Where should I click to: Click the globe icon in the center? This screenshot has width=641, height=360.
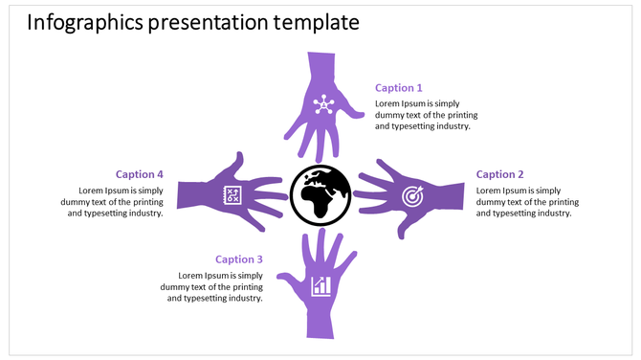(x=320, y=195)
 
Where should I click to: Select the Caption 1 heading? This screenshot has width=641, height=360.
(x=398, y=88)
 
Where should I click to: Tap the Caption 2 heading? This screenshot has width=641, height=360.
(x=500, y=174)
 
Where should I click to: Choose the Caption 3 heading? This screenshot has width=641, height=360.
(x=239, y=259)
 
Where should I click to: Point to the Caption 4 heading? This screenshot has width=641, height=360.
(x=140, y=174)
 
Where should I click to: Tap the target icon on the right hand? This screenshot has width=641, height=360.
(x=411, y=196)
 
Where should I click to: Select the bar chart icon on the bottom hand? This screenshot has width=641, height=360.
(x=321, y=285)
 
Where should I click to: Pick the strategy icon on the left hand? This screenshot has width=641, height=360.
(x=231, y=194)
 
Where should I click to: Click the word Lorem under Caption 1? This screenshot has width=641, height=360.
(x=388, y=103)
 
